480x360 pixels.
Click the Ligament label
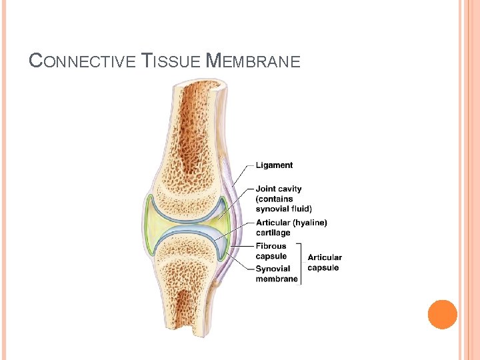point(274,165)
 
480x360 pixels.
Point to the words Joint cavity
point(279,189)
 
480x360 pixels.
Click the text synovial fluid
point(283,209)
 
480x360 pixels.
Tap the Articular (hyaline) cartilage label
point(291,227)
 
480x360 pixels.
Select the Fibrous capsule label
point(271,251)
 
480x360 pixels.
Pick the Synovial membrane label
point(277,274)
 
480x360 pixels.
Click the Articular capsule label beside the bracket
point(325,263)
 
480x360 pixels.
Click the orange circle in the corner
point(442,315)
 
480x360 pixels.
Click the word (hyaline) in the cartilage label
point(309,223)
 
